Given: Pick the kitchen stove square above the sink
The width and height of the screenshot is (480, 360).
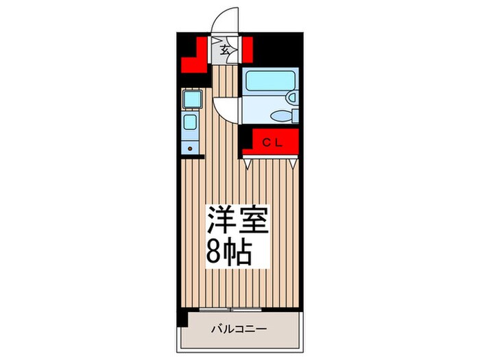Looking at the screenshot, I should point(192,100).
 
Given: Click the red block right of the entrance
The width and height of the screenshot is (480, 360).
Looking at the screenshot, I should point(245,50).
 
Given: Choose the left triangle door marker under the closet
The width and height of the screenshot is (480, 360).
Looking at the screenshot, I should point(248,163).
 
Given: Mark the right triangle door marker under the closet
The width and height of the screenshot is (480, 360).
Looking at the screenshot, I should point(293,163).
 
